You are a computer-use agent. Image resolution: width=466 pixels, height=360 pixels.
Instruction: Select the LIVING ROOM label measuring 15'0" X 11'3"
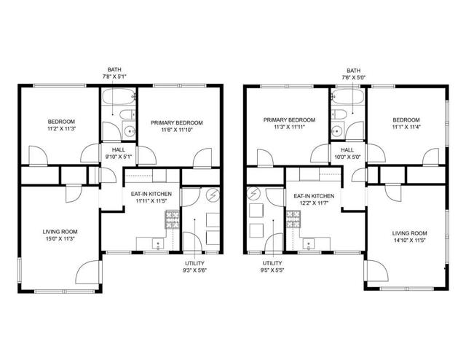59,235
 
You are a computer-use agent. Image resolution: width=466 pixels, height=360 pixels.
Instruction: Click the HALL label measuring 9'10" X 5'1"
118,152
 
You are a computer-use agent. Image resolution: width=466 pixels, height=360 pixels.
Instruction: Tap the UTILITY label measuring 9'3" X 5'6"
194,267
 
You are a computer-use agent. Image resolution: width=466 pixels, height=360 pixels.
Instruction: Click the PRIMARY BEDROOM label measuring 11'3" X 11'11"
289,123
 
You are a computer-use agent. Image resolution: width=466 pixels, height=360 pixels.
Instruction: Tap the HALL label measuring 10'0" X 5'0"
347,152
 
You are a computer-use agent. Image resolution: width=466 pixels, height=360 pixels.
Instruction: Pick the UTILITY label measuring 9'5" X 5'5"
272,267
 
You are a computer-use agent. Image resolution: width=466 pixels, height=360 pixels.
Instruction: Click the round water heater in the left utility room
212,195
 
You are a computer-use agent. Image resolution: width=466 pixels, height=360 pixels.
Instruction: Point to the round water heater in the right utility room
254,195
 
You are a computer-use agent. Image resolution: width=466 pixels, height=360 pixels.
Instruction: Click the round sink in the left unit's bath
129,131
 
